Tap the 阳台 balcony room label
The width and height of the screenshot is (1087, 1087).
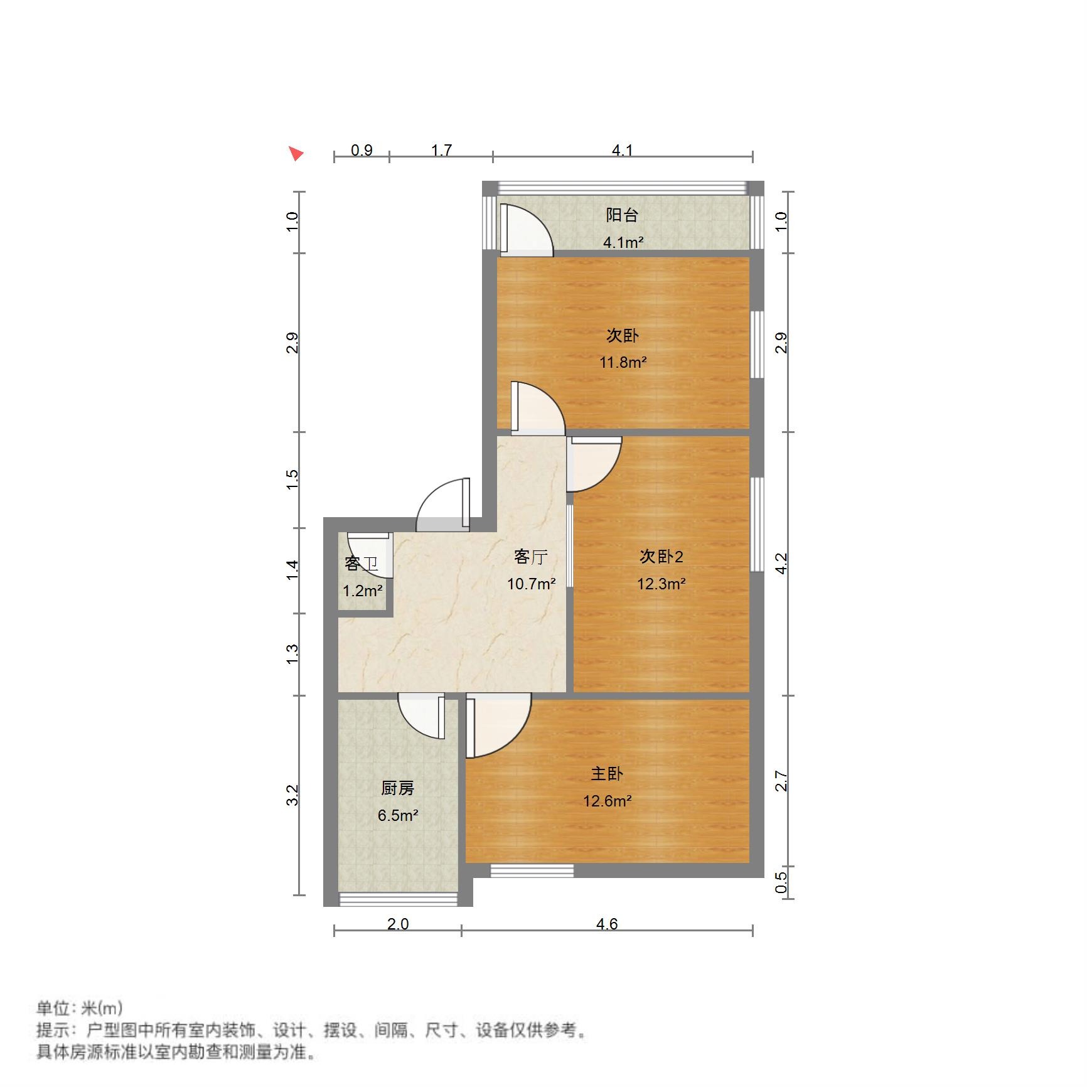click(622, 215)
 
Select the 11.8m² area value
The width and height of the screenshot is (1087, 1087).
click(623, 362)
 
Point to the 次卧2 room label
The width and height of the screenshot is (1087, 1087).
click(661, 556)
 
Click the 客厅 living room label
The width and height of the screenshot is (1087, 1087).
click(531, 557)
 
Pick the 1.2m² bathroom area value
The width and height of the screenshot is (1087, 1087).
click(362, 591)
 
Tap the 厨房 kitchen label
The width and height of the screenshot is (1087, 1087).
click(398, 788)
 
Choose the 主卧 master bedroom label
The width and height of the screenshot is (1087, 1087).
click(607, 774)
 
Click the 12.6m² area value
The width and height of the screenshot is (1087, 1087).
click(607, 801)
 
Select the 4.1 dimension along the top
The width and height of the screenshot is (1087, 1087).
click(622, 150)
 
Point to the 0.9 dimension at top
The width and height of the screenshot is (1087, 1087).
click(361, 150)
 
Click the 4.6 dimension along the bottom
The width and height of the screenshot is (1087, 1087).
click(607, 924)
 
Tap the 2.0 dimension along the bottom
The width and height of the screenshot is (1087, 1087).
click(398, 924)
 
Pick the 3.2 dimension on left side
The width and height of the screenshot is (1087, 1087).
click(292, 795)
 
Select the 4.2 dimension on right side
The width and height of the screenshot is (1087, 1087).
click(781, 563)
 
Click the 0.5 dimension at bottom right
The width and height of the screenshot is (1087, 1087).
click(781, 882)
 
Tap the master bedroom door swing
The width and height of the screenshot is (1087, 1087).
click(499, 725)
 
